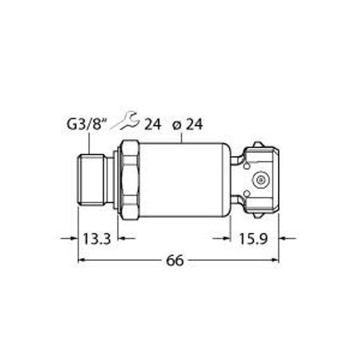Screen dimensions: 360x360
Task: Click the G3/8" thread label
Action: tap(86, 125)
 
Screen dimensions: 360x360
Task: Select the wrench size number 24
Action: tap(152, 124)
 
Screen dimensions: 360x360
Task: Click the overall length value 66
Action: tap(174, 260)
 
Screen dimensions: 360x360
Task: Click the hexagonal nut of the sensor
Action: tap(129, 179)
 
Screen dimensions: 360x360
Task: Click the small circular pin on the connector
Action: tap(260, 179)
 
